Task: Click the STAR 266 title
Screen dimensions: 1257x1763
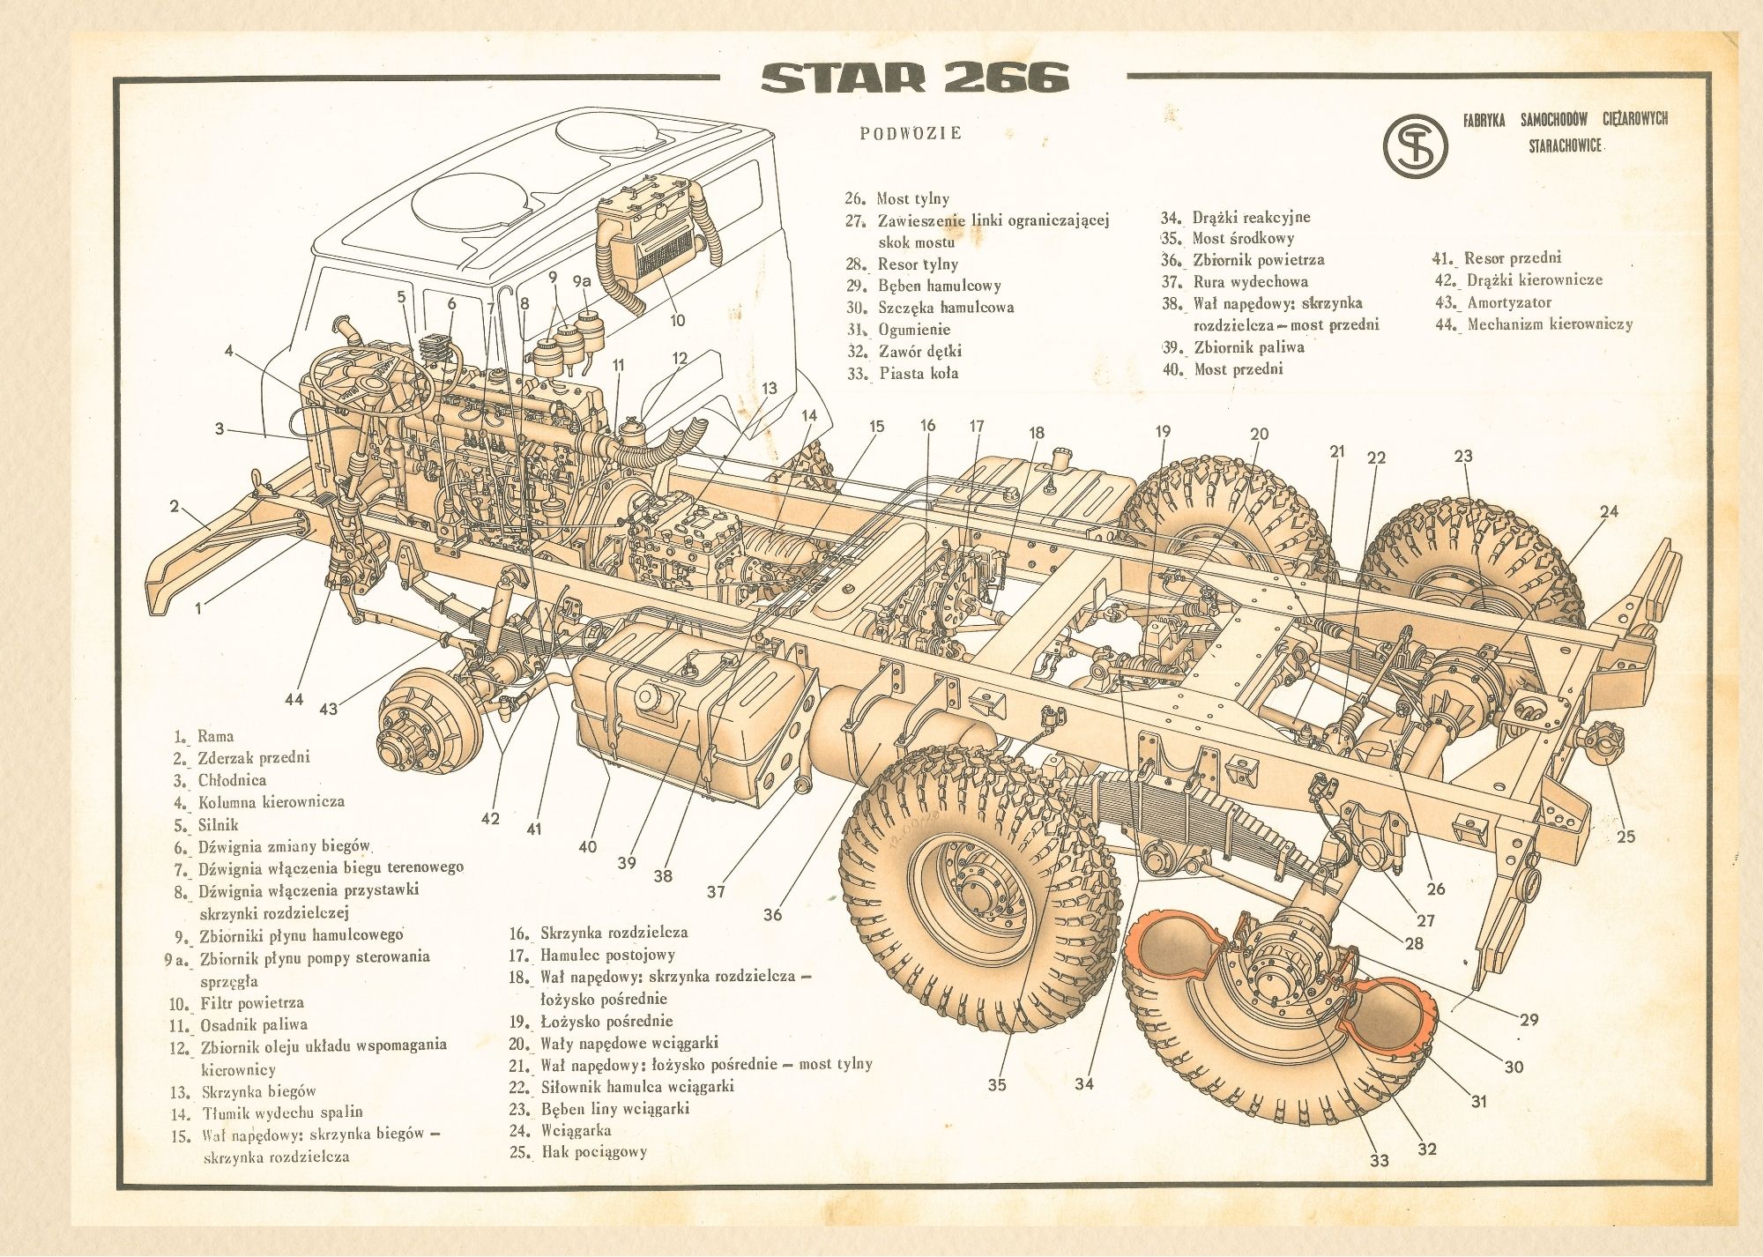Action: [914, 78]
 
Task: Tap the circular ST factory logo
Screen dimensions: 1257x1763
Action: [1415, 144]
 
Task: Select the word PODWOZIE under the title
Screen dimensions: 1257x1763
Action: [911, 133]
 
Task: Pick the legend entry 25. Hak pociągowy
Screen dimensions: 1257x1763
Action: [578, 1151]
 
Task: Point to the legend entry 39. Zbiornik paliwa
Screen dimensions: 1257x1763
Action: [1234, 346]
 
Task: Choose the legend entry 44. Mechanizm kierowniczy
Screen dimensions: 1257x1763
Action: [1535, 324]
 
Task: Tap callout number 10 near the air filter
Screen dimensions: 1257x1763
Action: [677, 320]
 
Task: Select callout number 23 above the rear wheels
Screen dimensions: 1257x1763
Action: [1463, 456]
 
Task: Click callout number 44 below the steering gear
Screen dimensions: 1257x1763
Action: [294, 699]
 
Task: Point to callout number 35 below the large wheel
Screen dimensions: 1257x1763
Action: [996, 1084]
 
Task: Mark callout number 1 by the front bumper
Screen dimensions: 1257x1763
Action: [198, 608]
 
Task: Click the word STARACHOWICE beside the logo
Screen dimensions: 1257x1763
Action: [1565, 145]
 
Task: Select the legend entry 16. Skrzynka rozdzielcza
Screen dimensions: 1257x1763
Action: [599, 932]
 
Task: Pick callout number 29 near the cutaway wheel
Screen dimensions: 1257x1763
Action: [1529, 1019]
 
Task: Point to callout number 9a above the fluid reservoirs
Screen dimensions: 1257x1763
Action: [581, 281]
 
